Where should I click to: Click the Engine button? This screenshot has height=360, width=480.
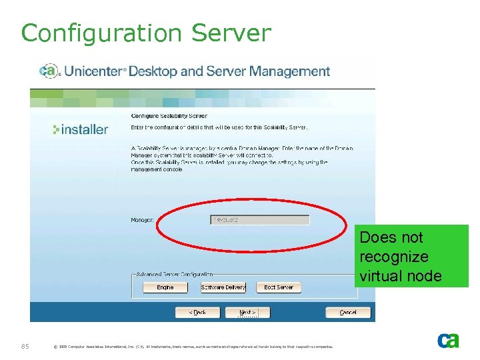coord(165,287)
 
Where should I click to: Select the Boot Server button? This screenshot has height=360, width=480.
coord(279,287)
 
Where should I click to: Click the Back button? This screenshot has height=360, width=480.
coord(197,312)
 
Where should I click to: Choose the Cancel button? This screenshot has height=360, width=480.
coord(347,312)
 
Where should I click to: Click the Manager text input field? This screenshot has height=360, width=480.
coord(260,219)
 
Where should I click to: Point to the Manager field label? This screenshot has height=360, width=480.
coord(142,219)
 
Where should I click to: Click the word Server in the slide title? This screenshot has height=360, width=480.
coord(231,33)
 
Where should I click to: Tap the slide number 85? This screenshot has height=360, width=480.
coord(25,345)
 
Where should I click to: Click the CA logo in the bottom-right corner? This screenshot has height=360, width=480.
coord(448,340)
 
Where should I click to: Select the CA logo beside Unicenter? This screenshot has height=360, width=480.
coord(49,71)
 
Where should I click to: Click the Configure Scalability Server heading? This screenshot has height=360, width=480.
coord(169,116)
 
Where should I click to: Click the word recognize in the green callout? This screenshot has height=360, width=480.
coord(393,257)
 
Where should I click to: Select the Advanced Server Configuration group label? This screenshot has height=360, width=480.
coord(174,274)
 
